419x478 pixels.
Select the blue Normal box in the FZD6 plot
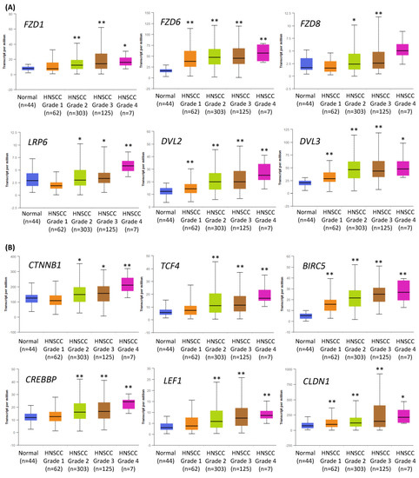[165, 70]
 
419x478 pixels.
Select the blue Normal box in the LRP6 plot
[31, 179]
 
